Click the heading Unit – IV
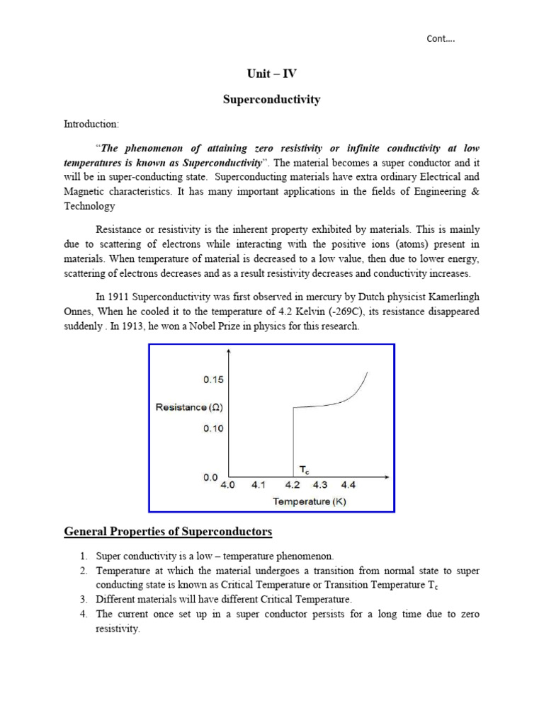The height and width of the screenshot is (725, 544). tap(271, 74)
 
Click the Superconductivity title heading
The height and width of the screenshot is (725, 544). tap(271, 100)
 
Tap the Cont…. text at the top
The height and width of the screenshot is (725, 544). tap(441, 39)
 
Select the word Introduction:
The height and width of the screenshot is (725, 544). tap(91, 124)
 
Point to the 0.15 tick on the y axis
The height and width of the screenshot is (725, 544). tap(213, 379)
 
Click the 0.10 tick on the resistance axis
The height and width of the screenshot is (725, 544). tap(213, 428)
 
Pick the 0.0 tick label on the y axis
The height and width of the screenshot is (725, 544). tap(210, 477)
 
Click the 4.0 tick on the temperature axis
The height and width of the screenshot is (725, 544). tap(228, 486)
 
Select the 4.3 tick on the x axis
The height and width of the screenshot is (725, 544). tap(320, 486)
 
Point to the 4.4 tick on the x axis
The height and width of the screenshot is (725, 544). tap(348, 486)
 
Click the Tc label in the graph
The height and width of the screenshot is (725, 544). tap(302, 469)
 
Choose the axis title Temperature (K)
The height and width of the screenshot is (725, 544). tap(310, 501)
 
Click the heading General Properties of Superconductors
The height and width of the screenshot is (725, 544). tap(168, 532)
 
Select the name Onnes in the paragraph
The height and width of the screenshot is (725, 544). tap(79, 312)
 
